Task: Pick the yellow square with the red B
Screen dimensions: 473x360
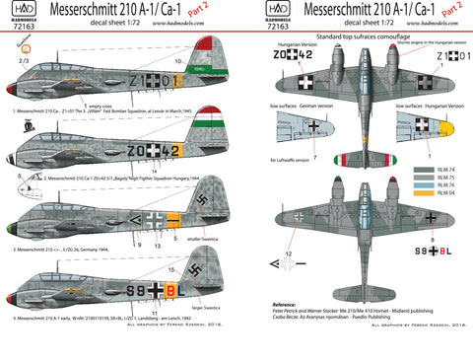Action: pyautogui.click(x=169, y=291)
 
